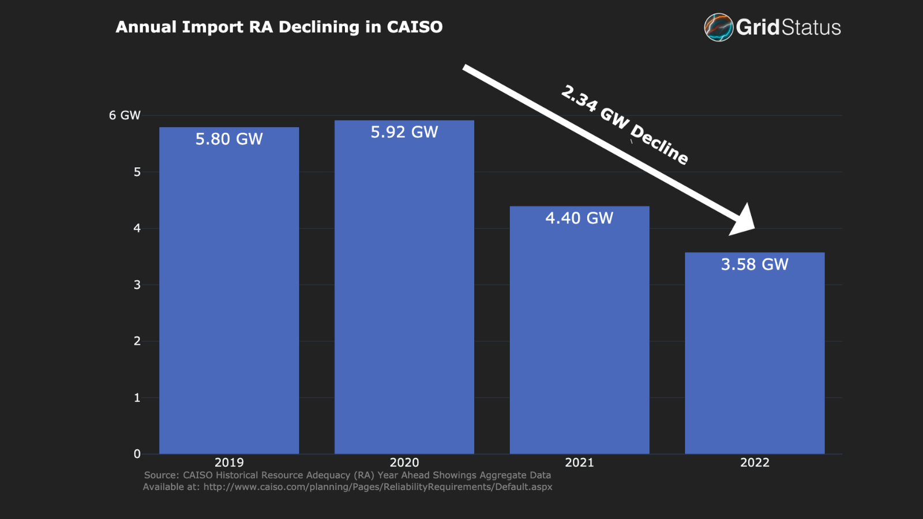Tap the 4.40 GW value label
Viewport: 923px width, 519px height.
click(579, 218)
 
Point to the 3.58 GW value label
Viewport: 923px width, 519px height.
click(755, 264)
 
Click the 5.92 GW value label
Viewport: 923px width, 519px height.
click(404, 132)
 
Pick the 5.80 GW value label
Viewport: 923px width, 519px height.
click(229, 139)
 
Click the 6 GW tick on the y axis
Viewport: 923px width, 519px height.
click(125, 115)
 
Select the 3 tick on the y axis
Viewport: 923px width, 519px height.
click(137, 285)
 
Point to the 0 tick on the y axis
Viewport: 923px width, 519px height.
click(137, 454)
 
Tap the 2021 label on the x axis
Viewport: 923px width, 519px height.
click(579, 462)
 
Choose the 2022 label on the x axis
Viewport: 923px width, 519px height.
click(755, 462)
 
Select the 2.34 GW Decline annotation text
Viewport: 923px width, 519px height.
click(625, 125)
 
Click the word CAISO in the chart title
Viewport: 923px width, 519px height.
click(414, 27)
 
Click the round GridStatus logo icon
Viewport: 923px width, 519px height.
click(718, 27)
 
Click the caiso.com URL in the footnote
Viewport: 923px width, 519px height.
click(377, 487)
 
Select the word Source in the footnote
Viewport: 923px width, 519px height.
click(160, 475)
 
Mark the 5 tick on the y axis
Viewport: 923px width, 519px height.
click(137, 172)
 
